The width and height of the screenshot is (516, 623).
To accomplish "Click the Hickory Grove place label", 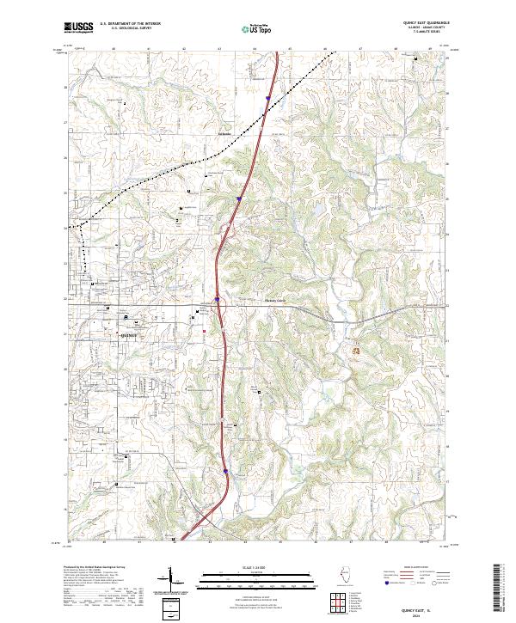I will pos(273,302).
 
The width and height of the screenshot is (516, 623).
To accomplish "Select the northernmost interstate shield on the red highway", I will pos(268,98).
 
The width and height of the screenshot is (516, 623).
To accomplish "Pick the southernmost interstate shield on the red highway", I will pos(225,470).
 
